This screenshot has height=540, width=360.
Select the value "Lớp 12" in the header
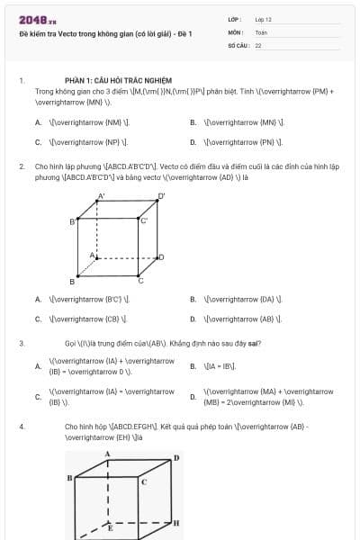pyautogui.click(x=263, y=19)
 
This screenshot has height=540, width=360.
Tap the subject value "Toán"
pyautogui.click(x=261, y=31)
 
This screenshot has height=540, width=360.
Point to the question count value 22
pyautogui.click(x=258, y=45)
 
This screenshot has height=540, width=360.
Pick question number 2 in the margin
pyautogui.click(x=22, y=166)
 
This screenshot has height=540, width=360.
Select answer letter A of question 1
pyautogui.click(x=38, y=122)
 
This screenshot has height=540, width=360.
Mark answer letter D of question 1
pyautogui.click(x=193, y=142)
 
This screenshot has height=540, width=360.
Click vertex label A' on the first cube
pyautogui.click(x=101, y=195)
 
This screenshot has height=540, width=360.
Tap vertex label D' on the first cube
pyautogui.click(x=162, y=195)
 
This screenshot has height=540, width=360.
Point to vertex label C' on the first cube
pyautogui.click(x=143, y=220)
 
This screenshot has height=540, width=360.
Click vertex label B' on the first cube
pyautogui.click(x=73, y=220)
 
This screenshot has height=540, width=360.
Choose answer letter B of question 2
pyautogui.click(x=193, y=299)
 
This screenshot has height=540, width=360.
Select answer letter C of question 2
pyautogui.click(x=38, y=319)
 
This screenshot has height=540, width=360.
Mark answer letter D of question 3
pyautogui.click(x=193, y=397)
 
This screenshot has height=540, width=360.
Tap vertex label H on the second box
pyautogui.click(x=175, y=522)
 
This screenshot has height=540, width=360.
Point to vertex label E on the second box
pyautogui.click(x=110, y=528)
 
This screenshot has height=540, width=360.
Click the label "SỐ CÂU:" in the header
pyautogui.click(x=238, y=45)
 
